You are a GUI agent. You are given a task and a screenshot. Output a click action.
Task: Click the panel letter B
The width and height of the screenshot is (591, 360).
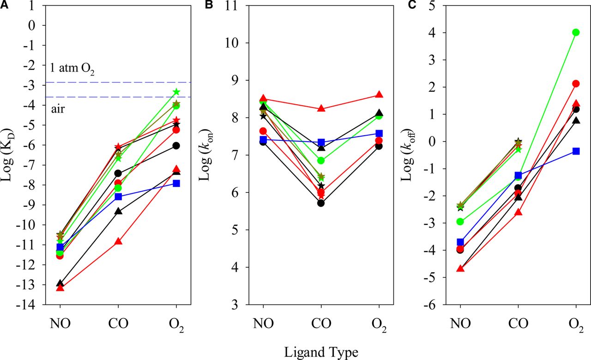(208, 5)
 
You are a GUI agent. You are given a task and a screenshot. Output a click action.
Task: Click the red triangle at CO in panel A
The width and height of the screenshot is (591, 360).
(118, 241)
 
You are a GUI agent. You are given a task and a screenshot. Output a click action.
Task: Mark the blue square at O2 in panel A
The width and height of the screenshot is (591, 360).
(176, 183)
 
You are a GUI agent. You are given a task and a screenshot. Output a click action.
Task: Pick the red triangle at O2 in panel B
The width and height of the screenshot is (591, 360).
(379, 95)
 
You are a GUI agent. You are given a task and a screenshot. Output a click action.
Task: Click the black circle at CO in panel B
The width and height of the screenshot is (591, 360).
(321, 203)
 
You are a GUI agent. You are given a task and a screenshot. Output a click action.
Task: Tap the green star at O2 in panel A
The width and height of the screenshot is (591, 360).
(176, 92)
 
